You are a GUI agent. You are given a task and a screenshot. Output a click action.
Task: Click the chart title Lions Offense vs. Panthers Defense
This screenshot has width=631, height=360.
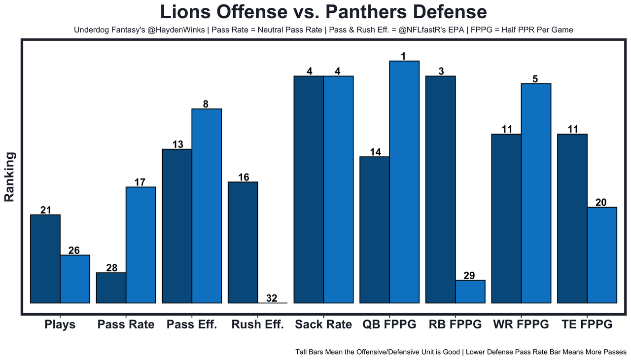323,12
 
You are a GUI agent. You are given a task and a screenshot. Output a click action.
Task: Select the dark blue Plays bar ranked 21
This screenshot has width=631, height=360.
45,259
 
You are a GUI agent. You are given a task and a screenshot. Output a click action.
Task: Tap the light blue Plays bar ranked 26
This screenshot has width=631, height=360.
75,279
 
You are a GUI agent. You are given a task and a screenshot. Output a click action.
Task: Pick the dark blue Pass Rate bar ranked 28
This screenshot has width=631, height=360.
111,288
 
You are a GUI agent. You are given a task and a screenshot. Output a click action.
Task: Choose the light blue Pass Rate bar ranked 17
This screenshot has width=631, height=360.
141,245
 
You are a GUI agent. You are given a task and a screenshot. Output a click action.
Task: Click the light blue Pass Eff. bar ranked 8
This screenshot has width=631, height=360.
207,206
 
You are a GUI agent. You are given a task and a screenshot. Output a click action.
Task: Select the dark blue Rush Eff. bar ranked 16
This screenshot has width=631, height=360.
243,243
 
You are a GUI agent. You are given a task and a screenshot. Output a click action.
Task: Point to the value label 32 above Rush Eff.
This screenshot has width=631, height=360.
272,298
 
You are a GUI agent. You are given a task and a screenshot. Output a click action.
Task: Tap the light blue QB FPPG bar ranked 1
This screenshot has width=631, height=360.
404,182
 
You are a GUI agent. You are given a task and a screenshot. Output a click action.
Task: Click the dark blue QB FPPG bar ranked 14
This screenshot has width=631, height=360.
375,230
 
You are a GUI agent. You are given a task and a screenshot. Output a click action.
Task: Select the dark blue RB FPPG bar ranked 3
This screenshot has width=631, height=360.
441,189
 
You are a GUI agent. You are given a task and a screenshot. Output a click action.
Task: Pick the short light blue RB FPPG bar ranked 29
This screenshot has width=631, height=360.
470,291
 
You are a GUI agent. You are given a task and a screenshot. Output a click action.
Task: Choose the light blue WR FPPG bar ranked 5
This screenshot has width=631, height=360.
536,193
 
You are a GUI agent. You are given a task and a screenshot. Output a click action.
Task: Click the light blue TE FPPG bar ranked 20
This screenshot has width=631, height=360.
602,255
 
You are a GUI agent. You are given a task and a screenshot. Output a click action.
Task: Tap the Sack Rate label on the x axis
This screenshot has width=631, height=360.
323,324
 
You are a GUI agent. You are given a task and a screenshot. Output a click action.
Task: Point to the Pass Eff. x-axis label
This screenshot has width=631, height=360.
192,324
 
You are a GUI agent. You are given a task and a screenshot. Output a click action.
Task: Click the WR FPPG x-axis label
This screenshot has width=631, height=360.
521,324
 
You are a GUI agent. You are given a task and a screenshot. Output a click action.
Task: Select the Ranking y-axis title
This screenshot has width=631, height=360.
10,177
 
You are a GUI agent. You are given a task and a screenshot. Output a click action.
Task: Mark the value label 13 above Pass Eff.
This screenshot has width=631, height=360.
178,144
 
